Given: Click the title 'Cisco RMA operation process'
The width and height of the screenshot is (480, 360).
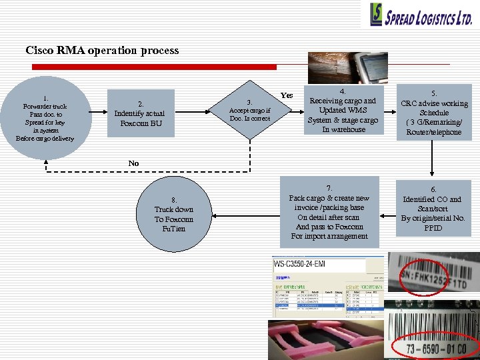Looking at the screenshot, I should [102, 51].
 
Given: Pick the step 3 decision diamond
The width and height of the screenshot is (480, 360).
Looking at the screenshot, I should [250, 111].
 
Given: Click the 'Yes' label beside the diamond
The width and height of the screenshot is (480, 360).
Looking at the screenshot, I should [287, 95].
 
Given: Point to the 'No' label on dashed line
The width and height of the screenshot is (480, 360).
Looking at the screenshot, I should [133, 163].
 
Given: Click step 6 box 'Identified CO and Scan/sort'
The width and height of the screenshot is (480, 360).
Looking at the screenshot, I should [434, 209].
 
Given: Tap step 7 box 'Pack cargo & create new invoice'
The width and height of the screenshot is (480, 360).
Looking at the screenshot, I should [329, 212].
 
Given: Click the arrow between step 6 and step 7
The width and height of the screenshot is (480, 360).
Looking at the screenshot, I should [387, 209].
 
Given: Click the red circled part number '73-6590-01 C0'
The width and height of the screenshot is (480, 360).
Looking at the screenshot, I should [434, 347].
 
